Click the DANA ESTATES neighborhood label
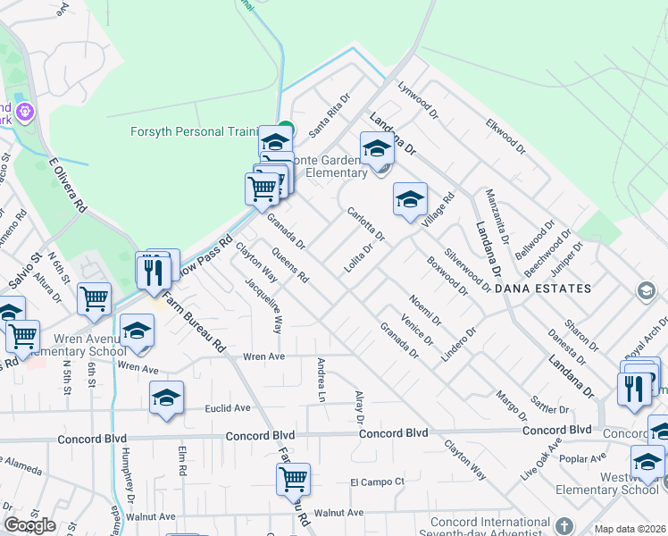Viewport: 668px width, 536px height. tap(543, 289)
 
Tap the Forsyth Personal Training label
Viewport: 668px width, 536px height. tap(194, 131)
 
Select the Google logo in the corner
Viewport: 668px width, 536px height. tap(29, 525)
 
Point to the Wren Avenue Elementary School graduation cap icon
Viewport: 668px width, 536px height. tap(137, 332)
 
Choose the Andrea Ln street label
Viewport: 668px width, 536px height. tap(320, 379)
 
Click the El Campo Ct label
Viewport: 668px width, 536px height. tap(377, 482)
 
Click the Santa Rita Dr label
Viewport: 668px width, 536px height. tap(326, 121)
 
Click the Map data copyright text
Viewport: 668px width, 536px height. tap(630, 529)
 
